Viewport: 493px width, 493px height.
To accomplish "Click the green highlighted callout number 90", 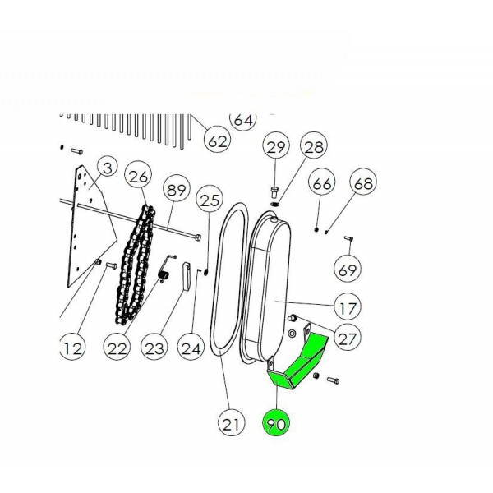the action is pos(276,423).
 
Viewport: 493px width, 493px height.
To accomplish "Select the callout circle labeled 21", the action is pos(232,423).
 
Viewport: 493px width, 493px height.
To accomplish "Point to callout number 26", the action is pos(138,176).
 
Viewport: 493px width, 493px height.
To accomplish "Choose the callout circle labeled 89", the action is pos(177,189).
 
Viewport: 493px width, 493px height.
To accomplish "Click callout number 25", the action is pos(210,199).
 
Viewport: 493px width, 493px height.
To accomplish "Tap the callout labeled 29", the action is pos(276,145).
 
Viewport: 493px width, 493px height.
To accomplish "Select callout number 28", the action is pos(314,145).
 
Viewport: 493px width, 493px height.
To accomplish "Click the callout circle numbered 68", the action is pos(363,182).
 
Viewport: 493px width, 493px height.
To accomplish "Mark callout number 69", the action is pos(348,269).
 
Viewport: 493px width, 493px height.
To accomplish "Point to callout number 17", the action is pos(348,306).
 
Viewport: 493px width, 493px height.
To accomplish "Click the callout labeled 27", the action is pos(348,337).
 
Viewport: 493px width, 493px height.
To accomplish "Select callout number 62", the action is pos(217,140).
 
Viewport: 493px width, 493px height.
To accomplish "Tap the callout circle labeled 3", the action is pos(107,168).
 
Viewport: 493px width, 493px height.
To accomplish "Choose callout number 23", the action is pos(154,347).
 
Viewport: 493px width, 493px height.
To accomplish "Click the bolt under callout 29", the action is pos(275,191).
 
